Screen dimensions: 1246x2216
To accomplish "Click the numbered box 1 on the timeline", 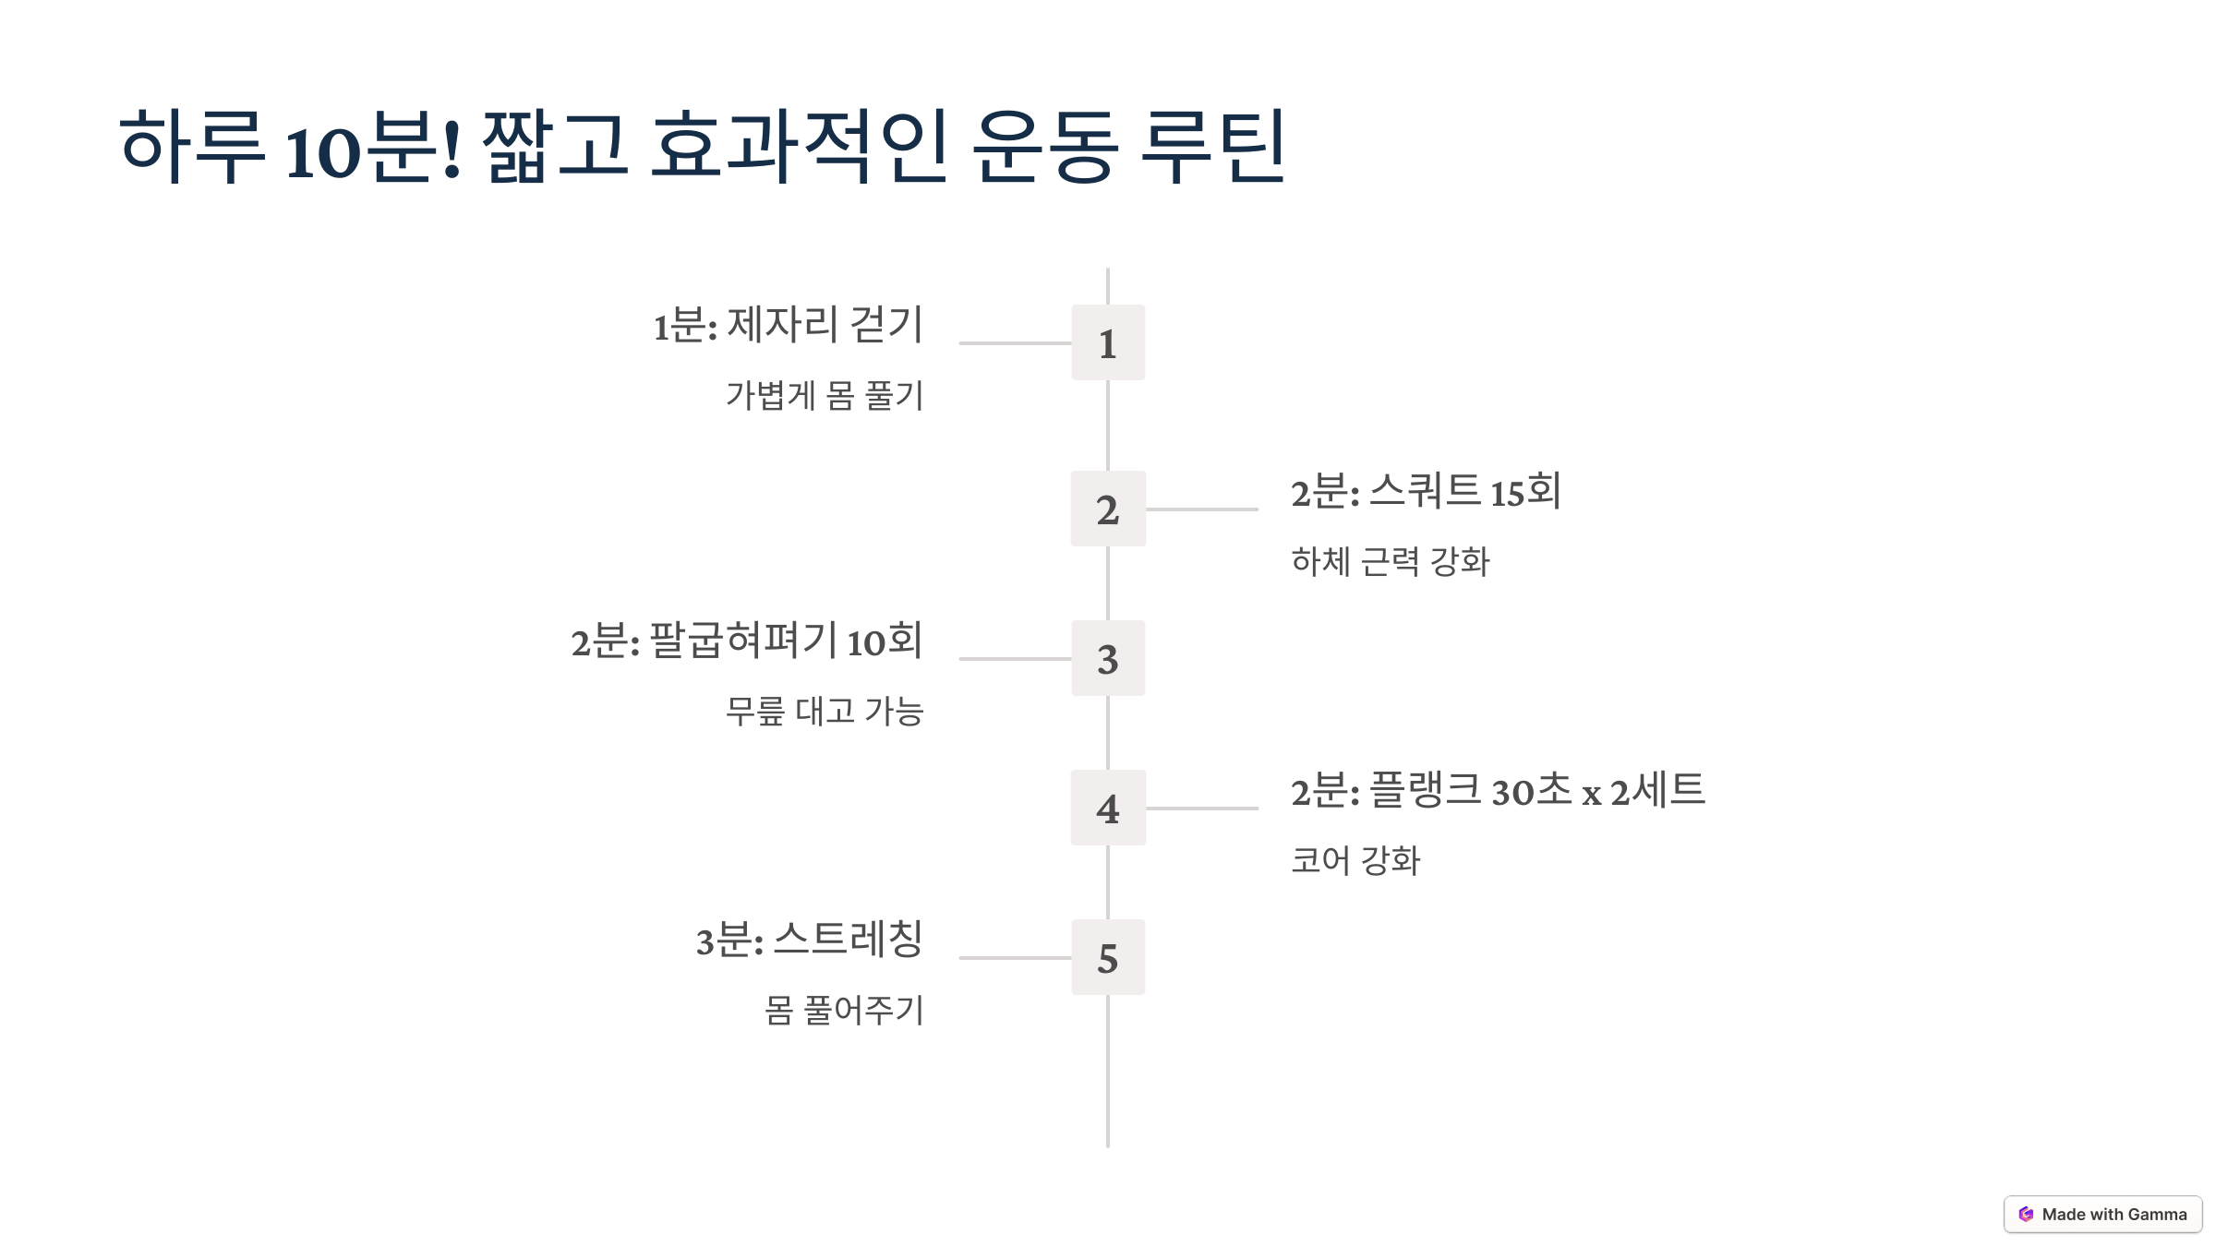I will point(1107,342).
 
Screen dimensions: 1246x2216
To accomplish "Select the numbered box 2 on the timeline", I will point(1107,509).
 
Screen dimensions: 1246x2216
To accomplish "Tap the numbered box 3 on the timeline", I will point(1107,658).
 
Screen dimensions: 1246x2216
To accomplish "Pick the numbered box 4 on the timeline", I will point(1107,808).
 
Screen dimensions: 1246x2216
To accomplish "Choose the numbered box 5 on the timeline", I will point(1107,957).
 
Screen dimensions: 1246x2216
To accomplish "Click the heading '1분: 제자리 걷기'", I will point(788,325).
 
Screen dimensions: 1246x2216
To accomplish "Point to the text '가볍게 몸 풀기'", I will point(824,396).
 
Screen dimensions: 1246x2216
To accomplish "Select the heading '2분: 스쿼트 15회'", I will point(1426,491).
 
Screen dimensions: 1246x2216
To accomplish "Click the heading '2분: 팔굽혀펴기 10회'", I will point(746,641).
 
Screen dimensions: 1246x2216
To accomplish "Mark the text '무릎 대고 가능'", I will point(824,712).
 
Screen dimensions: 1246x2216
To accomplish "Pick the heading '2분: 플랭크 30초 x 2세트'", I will point(1497,791).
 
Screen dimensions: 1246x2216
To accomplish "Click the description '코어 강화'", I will point(1355,861).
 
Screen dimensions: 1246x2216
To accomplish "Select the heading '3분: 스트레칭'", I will point(809,940).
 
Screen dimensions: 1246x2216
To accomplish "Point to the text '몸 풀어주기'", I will point(843,1011).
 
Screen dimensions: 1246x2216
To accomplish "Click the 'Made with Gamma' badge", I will point(2102,1215).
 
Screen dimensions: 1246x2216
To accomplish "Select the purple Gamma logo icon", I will point(2026,1215).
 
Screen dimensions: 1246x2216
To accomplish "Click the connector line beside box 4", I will point(1201,809).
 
